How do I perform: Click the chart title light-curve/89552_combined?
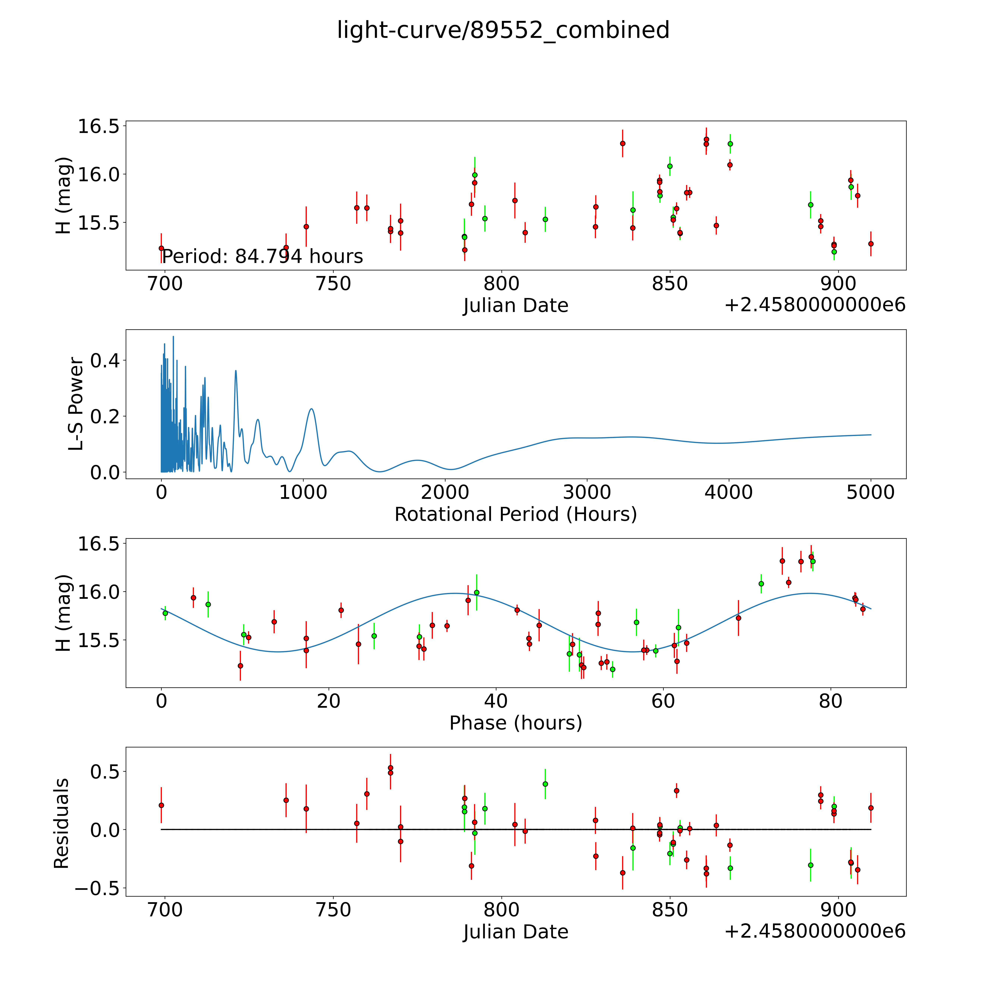coord(503,30)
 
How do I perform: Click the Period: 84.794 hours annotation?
coord(262,256)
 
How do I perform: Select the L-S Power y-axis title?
coord(76,404)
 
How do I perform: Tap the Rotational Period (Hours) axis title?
coord(515,515)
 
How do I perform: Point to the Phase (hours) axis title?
coord(515,723)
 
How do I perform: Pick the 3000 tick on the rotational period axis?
coord(587,492)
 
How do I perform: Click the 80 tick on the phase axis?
coord(830,701)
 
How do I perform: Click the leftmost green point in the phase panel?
coord(165,613)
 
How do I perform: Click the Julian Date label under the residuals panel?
coord(515,932)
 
